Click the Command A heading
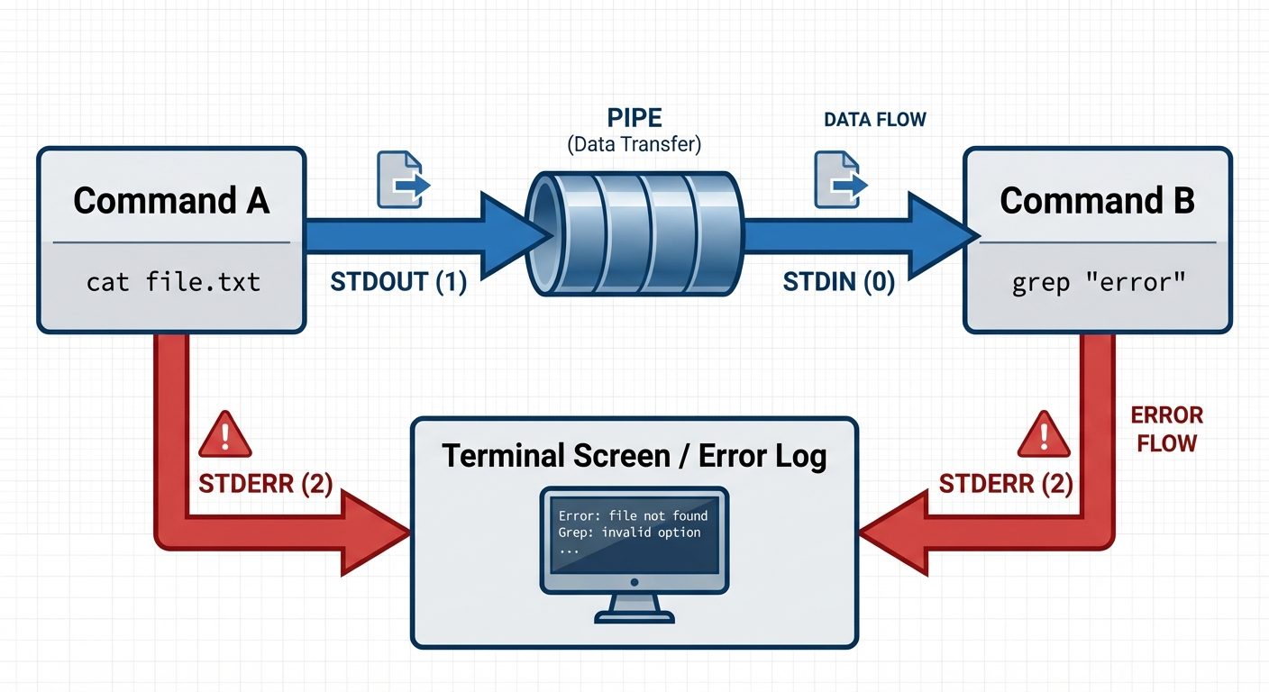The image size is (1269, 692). (171, 200)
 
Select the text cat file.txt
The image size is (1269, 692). (173, 282)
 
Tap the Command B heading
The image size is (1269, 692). (1097, 200)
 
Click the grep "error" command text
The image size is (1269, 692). (1097, 282)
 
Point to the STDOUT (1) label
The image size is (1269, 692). (398, 282)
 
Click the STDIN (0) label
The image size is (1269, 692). (838, 282)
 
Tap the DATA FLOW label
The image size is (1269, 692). (874, 119)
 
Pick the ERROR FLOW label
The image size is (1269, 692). (1166, 429)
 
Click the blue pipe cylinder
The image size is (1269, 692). (634, 232)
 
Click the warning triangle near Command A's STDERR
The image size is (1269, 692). (225, 435)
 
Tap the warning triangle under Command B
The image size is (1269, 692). (1044, 436)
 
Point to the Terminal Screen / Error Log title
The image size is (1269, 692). (634, 456)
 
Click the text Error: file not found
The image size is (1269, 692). (633, 515)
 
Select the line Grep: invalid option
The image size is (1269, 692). (629, 532)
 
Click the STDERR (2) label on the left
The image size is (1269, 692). (265, 484)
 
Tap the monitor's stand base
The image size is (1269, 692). (634, 616)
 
